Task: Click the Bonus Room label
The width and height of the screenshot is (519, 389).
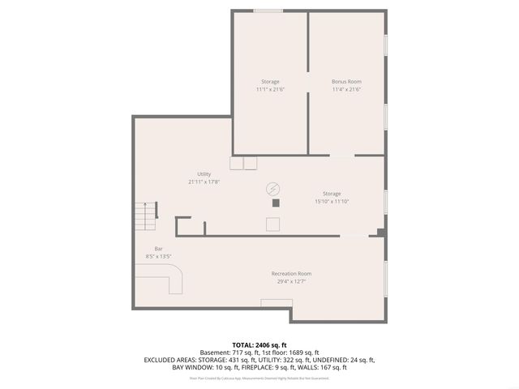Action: pos(346,82)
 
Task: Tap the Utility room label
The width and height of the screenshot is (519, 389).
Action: pos(204,174)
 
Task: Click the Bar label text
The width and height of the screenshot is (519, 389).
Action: pos(159,249)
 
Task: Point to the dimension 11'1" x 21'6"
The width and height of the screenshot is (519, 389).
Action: pos(270,89)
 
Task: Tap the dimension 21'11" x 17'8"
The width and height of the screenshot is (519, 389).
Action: pos(204,182)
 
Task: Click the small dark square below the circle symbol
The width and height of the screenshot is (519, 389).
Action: pos(276,203)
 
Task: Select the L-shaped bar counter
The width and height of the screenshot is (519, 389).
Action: pos(173,283)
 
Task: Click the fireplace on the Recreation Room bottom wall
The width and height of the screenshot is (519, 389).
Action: pos(276,302)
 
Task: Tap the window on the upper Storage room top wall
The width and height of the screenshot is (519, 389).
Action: pos(268,11)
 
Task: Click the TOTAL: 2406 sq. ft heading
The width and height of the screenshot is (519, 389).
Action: pos(259,344)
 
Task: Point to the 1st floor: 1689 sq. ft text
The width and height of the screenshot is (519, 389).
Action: pos(290,352)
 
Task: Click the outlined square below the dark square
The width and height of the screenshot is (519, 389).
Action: pos(275,224)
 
